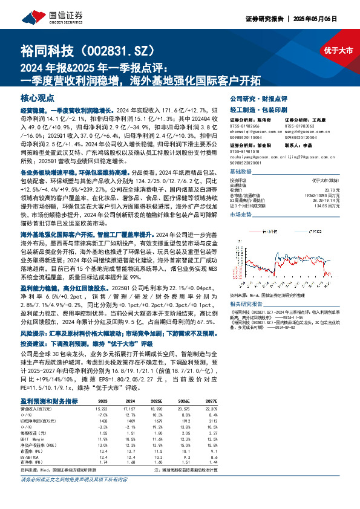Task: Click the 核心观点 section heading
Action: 38,97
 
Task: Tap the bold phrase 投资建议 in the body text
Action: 35,341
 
